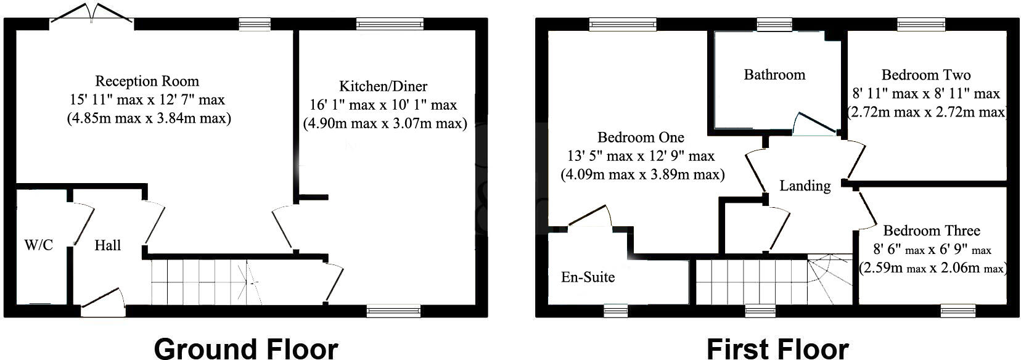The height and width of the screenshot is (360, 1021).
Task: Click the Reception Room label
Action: (147, 81)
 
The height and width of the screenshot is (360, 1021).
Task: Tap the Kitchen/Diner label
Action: (383, 86)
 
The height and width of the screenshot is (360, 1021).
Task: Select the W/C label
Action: (38, 245)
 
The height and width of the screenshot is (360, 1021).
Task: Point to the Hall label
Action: (107, 245)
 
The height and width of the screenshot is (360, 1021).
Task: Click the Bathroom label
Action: (774, 75)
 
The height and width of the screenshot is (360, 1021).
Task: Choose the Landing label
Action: (805, 186)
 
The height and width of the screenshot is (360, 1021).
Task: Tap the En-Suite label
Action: (588, 277)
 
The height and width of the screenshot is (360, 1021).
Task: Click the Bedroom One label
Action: (641, 137)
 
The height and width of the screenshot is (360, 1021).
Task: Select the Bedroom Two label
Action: (926, 75)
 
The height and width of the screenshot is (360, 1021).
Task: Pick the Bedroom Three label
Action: (932, 231)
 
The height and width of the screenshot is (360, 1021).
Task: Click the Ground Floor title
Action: (245, 348)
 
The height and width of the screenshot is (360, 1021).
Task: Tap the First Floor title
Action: (777, 348)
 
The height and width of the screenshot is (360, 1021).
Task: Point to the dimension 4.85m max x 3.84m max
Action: (149, 118)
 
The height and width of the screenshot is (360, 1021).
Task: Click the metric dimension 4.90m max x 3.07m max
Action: (385, 123)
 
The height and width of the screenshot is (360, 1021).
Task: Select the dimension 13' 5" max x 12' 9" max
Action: (641, 156)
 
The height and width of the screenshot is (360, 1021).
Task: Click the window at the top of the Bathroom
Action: (774, 24)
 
